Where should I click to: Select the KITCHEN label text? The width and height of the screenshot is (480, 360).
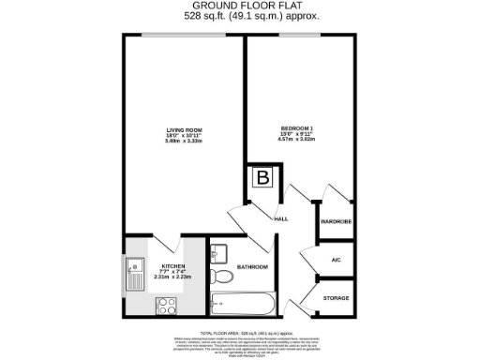[x=174, y=266]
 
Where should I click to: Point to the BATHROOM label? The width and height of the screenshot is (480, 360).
[x=252, y=267]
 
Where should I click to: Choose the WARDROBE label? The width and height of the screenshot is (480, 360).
[x=336, y=222]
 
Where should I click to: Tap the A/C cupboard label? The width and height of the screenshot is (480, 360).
[x=336, y=261]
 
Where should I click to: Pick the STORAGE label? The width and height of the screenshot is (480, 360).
[x=336, y=299]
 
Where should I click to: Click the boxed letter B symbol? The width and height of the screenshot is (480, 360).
[x=263, y=177]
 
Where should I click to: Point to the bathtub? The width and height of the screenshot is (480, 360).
[x=243, y=303]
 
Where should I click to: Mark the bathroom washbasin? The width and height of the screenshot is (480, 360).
[x=219, y=252]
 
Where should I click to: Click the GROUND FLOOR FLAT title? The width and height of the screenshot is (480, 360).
[x=240, y=6]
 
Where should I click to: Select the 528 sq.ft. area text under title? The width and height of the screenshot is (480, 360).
[x=240, y=16]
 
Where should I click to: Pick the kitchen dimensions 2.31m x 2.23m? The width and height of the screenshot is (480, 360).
[x=174, y=277]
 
